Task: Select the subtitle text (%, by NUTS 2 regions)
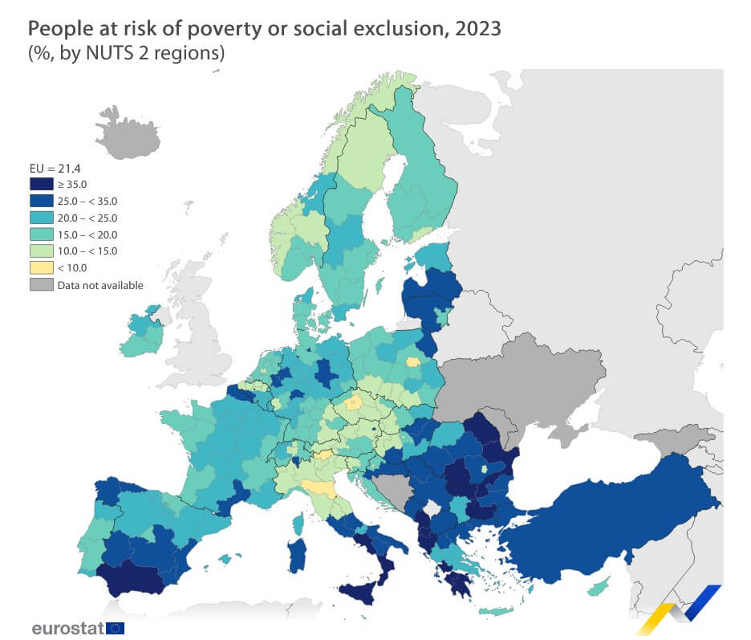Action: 126,55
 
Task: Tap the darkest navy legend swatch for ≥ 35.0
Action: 41,185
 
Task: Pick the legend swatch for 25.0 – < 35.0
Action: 41,202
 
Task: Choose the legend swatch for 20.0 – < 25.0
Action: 41,218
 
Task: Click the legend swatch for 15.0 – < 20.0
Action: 41,234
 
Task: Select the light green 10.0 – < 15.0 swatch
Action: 41,251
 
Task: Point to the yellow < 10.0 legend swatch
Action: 41,267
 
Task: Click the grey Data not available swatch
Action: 41,284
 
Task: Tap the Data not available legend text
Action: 100,285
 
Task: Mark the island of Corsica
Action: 298,523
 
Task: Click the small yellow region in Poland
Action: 412,361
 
